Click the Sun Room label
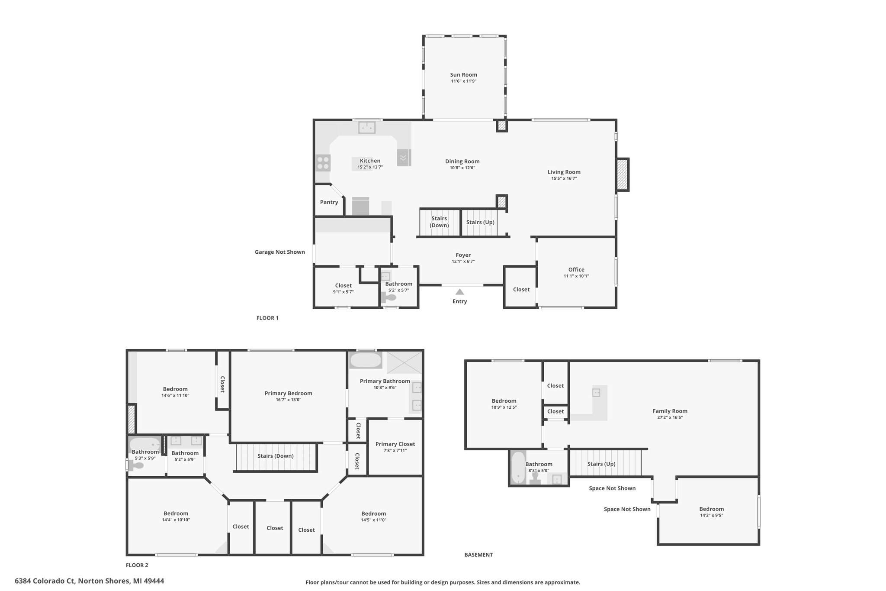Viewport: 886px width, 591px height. pyautogui.click(x=463, y=74)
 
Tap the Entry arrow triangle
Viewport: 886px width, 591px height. pyautogui.click(x=459, y=292)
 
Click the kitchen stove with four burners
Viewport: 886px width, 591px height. pyautogui.click(x=323, y=163)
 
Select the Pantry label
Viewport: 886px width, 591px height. pyautogui.click(x=329, y=202)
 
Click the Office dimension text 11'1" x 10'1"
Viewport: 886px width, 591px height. pyautogui.click(x=576, y=276)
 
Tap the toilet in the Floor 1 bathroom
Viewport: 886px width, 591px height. pyautogui.click(x=389, y=298)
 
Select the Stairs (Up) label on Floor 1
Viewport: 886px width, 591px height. pyautogui.click(x=480, y=222)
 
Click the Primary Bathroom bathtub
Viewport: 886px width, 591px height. pyautogui.click(x=366, y=360)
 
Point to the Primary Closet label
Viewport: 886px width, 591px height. pyautogui.click(x=395, y=444)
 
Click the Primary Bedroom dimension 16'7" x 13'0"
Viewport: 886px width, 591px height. pyautogui.click(x=288, y=400)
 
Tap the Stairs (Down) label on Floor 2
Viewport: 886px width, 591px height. pyautogui.click(x=275, y=456)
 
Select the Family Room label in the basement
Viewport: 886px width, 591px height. pyautogui.click(x=670, y=411)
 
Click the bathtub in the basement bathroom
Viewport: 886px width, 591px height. pyautogui.click(x=518, y=468)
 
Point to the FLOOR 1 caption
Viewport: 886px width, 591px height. pyautogui.click(x=267, y=318)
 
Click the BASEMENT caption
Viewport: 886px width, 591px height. pyautogui.click(x=478, y=555)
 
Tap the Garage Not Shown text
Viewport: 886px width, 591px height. pyautogui.click(x=279, y=252)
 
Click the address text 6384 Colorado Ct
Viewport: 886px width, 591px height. pyautogui.click(x=45, y=581)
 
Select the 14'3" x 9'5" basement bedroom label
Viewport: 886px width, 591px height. pyautogui.click(x=712, y=515)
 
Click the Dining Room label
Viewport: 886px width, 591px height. pyautogui.click(x=462, y=161)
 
